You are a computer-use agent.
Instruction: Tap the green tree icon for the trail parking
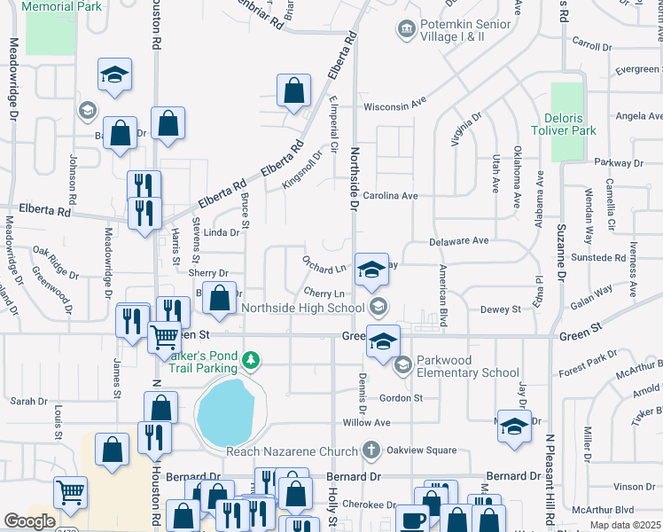tap(252, 360)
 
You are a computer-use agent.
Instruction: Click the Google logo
tap(29, 521)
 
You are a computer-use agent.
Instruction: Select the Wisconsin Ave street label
tap(398, 106)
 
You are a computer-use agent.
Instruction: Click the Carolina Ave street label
tap(390, 195)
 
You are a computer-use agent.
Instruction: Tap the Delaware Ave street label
tap(459, 240)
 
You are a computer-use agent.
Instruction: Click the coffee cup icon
tap(410, 520)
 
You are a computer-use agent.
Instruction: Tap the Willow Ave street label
tap(366, 423)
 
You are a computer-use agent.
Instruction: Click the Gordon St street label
tap(401, 398)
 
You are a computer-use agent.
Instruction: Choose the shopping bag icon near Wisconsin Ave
tap(293, 90)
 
